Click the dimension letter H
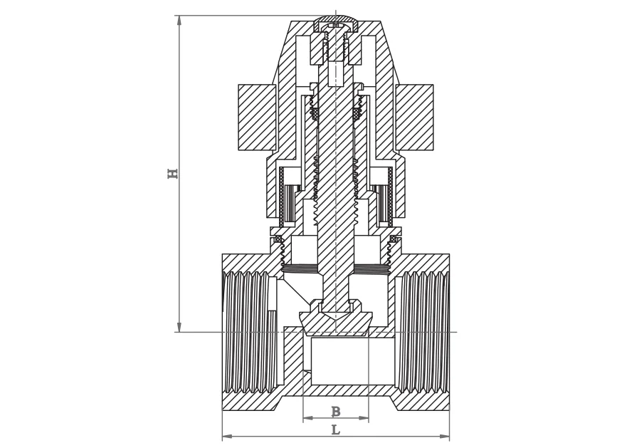[172, 173]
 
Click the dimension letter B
[335, 412]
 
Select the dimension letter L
[335, 429]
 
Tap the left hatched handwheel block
[257, 118]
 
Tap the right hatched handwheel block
[414, 118]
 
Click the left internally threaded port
[247, 332]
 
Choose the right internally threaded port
[423, 332]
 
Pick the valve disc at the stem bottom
[335, 322]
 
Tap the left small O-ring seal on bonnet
[278, 238]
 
